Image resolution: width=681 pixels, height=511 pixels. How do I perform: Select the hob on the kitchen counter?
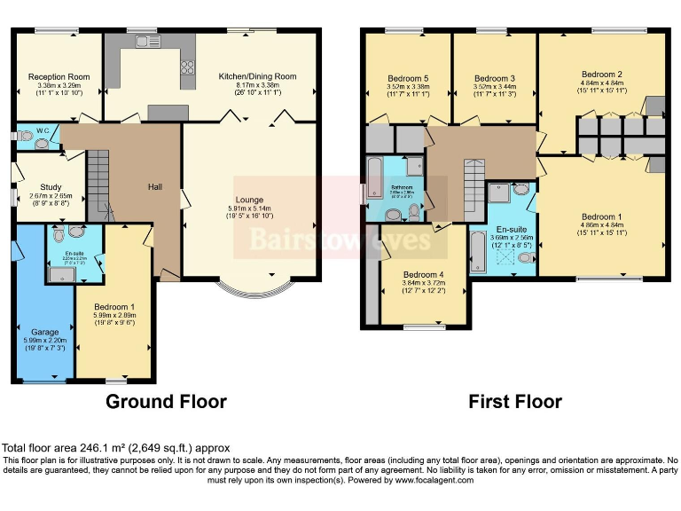coord(187,67)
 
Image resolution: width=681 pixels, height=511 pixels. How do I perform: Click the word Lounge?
coord(249,200)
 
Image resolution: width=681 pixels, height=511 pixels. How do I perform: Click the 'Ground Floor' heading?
coord(166,401)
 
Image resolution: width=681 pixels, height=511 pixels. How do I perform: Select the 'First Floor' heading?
coord(514,401)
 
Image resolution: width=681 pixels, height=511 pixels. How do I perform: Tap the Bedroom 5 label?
coord(407,78)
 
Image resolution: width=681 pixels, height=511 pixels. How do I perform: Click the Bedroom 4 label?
coord(422,274)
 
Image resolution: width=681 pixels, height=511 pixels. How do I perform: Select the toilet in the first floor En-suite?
coord(526,257)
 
